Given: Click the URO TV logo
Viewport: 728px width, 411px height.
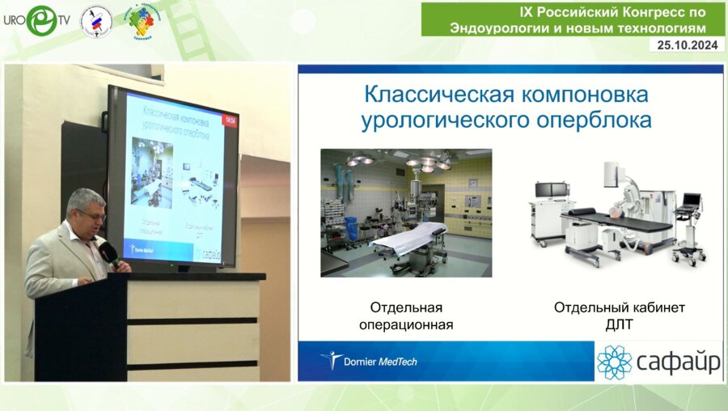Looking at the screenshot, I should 36,20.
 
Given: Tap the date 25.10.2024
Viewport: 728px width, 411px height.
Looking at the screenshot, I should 686,45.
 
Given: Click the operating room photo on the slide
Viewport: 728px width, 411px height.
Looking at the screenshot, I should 406,213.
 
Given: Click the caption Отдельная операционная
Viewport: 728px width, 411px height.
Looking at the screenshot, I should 406,316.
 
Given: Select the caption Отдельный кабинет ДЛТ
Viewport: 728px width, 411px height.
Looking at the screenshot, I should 619,316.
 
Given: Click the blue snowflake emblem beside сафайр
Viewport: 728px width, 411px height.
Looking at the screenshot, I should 614,362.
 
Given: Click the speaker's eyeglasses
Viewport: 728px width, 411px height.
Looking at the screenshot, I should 91,215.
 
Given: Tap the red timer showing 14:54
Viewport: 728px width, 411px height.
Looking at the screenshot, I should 230,121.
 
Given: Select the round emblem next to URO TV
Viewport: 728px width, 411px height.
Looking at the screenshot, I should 96,21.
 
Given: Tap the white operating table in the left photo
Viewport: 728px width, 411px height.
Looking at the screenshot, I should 408,235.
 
